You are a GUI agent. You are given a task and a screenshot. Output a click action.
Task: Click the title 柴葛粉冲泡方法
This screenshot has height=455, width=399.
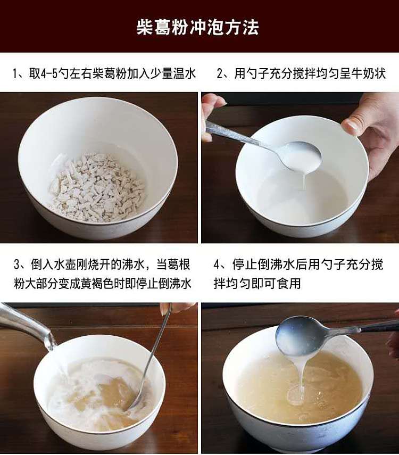[x=197, y=28]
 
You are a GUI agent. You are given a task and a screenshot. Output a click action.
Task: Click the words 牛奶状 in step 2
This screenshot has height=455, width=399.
[x=369, y=74]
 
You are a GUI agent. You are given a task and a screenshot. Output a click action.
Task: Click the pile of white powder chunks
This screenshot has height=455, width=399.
[x=97, y=187]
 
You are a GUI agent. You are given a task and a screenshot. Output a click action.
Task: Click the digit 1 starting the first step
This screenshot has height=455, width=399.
[x=15, y=74]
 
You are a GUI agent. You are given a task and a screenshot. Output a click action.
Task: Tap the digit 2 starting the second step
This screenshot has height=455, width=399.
[x=220, y=74]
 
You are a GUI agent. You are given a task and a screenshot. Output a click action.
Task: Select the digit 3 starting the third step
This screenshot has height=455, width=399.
[x=17, y=265]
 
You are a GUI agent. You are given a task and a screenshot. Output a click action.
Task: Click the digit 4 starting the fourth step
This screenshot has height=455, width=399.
[x=217, y=265]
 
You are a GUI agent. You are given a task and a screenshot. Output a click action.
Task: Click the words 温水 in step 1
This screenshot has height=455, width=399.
[x=185, y=74]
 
